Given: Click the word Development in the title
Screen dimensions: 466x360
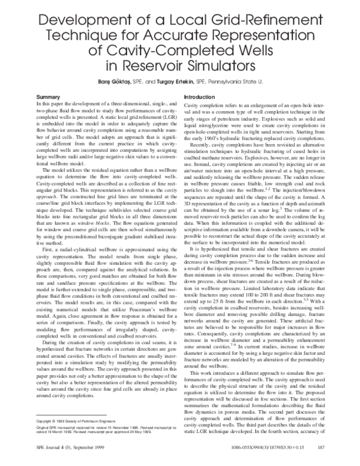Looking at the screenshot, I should tap(76, 23).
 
